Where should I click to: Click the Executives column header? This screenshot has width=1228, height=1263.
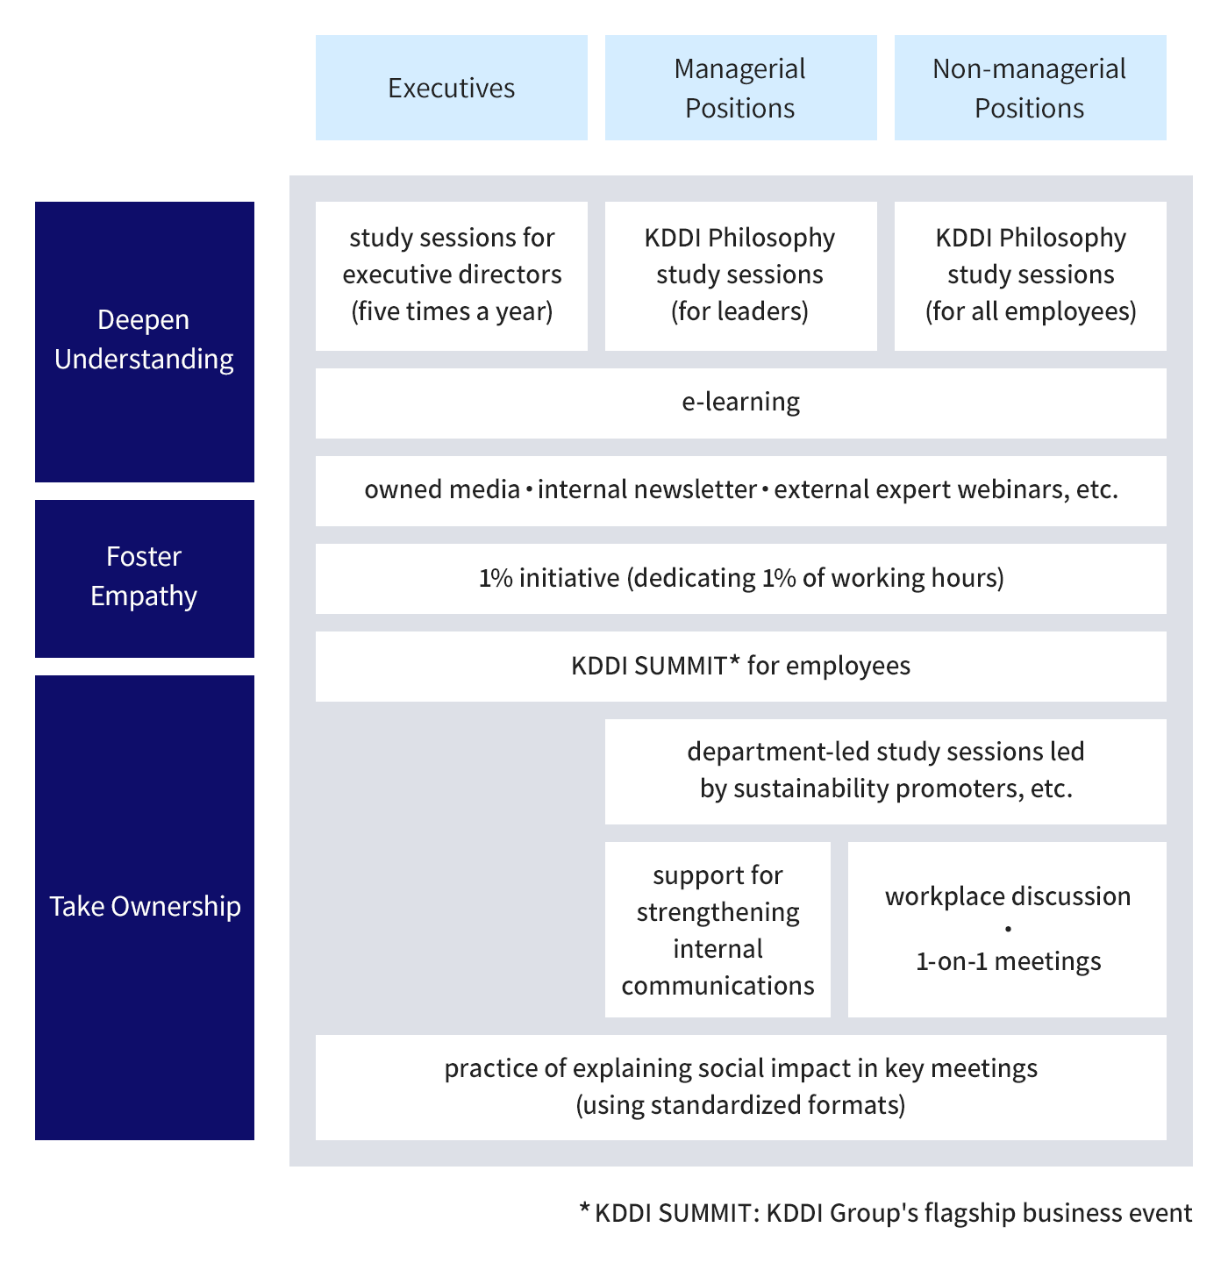click(451, 88)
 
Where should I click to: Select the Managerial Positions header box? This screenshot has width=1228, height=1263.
click(740, 88)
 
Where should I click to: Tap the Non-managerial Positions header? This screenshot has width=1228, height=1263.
click(1030, 88)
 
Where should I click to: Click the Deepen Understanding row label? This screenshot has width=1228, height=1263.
click(144, 340)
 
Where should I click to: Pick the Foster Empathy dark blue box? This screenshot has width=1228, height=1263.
click(144, 577)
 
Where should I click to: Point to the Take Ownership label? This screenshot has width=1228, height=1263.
click(144, 906)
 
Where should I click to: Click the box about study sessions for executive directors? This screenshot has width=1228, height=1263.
click(451, 275)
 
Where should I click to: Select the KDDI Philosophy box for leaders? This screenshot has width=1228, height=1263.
click(740, 275)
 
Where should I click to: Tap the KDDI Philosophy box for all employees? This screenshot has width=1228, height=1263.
click(1030, 275)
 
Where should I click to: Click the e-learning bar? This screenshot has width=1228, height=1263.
click(740, 403)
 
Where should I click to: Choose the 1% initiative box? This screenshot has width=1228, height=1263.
click(740, 578)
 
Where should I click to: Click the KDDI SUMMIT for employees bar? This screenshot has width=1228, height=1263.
click(740, 666)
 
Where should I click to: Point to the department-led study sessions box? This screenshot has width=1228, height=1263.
click(885, 771)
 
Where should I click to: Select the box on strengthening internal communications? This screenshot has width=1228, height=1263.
click(718, 930)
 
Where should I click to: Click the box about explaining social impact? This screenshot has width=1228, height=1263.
click(740, 1087)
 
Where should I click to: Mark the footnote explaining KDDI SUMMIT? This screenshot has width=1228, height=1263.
click(885, 1213)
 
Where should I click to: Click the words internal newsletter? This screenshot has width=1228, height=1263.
click(646, 489)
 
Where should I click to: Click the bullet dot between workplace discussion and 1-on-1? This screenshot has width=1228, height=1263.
click(1008, 929)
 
